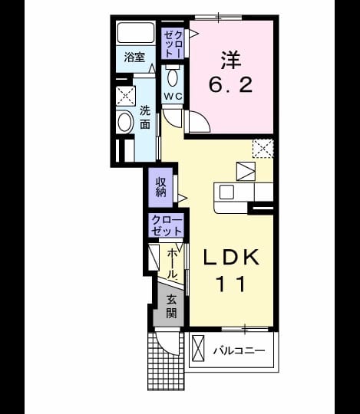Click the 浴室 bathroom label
point(135,57)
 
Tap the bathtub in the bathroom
point(136,32)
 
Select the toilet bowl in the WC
point(173,77)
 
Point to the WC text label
point(173,96)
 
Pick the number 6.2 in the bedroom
point(231,84)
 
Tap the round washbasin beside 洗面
point(125,123)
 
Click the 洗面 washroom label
point(145,117)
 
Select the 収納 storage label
point(160,187)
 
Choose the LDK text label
point(231,258)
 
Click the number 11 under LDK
point(231,284)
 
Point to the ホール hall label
point(173,264)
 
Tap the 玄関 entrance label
point(171,306)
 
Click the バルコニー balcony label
point(239,351)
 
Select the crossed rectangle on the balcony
point(198,348)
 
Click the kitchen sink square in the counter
point(226,192)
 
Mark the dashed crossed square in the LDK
point(263,149)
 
